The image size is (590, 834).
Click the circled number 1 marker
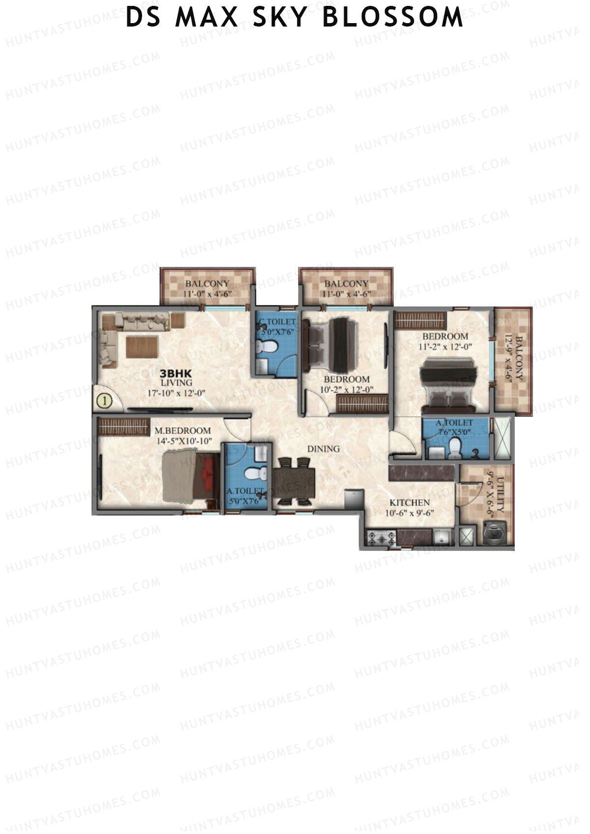pos(104,401)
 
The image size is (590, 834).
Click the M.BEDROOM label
pos(183,431)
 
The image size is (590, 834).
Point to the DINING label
pos(324,449)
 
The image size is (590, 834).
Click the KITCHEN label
pos(410,503)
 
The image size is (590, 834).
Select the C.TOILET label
pos(278,322)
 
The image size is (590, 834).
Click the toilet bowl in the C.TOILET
pos(268,347)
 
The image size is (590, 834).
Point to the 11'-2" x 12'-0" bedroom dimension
pos(445,346)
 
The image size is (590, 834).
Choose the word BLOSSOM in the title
pos(393,18)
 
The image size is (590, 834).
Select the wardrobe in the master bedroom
pos(123,426)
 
